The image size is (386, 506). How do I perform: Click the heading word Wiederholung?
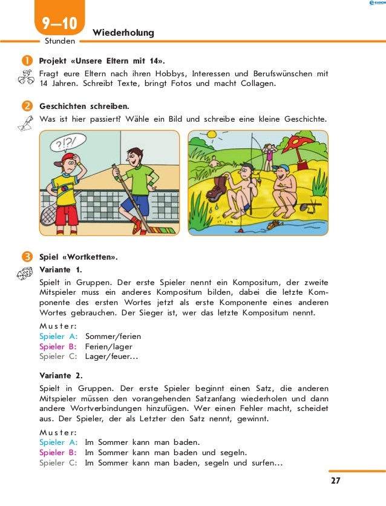point(123,32)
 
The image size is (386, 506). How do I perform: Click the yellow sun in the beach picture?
point(211,135)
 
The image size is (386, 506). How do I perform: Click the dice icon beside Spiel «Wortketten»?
point(24,273)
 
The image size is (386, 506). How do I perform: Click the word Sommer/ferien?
point(113,336)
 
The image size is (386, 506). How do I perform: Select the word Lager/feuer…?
point(111,356)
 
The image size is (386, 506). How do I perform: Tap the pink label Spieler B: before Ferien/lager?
point(58,346)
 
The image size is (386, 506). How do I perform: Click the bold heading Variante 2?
point(61,375)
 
